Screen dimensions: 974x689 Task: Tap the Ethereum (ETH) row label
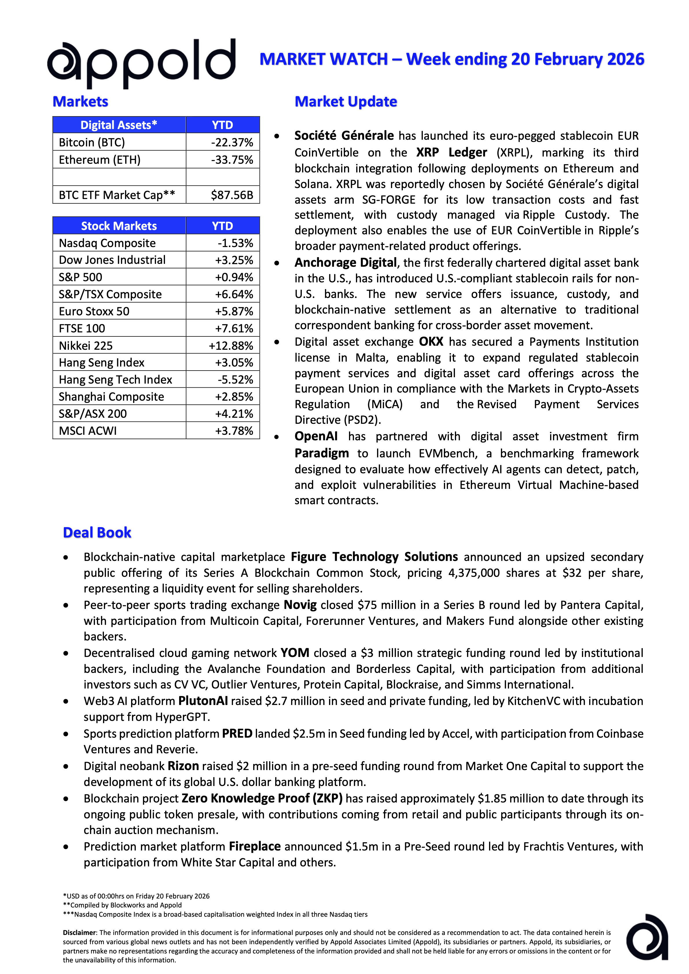tap(100, 160)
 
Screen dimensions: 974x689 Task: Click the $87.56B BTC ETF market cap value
tap(232, 195)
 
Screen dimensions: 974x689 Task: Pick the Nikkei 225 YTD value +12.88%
tap(231, 346)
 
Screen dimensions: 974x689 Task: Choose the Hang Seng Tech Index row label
tap(115, 380)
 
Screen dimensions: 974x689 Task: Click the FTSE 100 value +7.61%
tap(234, 328)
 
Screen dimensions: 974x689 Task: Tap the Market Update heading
tap(346, 102)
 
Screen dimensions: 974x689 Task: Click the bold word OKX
tap(431, 342)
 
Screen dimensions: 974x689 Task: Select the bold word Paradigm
tap(321, 454)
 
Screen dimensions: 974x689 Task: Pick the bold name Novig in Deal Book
tap(300, 605)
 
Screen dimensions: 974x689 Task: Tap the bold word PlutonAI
tap(203, 701)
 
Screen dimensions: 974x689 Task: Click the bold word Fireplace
tap(255, 847)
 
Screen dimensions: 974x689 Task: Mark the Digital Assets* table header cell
tap(119, 125)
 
